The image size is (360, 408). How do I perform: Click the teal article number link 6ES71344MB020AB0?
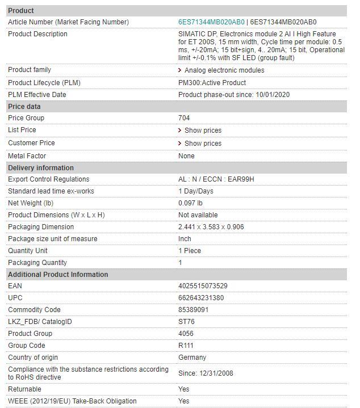click(211, 22)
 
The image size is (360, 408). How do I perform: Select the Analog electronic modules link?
click(224, 70)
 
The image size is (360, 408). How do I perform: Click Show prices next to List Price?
click(203, 131)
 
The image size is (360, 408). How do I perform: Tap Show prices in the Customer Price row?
click(203, 144)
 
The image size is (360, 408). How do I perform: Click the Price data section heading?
click(24, 107)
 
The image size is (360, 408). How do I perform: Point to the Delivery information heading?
click(41, 168)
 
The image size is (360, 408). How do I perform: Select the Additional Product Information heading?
click(58, 275)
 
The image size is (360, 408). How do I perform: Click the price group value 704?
click(184, 118)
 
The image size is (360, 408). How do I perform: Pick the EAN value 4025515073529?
click(203, 286)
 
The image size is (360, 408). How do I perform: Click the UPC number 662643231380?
click(201, 298)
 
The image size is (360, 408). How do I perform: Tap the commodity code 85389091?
click(193, 310)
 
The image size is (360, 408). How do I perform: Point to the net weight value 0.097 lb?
click(190, 203)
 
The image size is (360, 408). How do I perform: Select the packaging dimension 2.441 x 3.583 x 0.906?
click(211, 227)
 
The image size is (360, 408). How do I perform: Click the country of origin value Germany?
click(192, 357)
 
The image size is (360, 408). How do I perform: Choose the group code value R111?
click(186, 346)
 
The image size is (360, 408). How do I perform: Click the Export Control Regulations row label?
click(49, 179)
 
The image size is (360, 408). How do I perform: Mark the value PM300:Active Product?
click(212, 83)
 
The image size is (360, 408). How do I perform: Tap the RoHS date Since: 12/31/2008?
click(206, 373)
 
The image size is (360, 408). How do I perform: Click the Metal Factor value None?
click(186, 156)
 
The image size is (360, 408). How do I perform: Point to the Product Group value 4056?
click(186, 334)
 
